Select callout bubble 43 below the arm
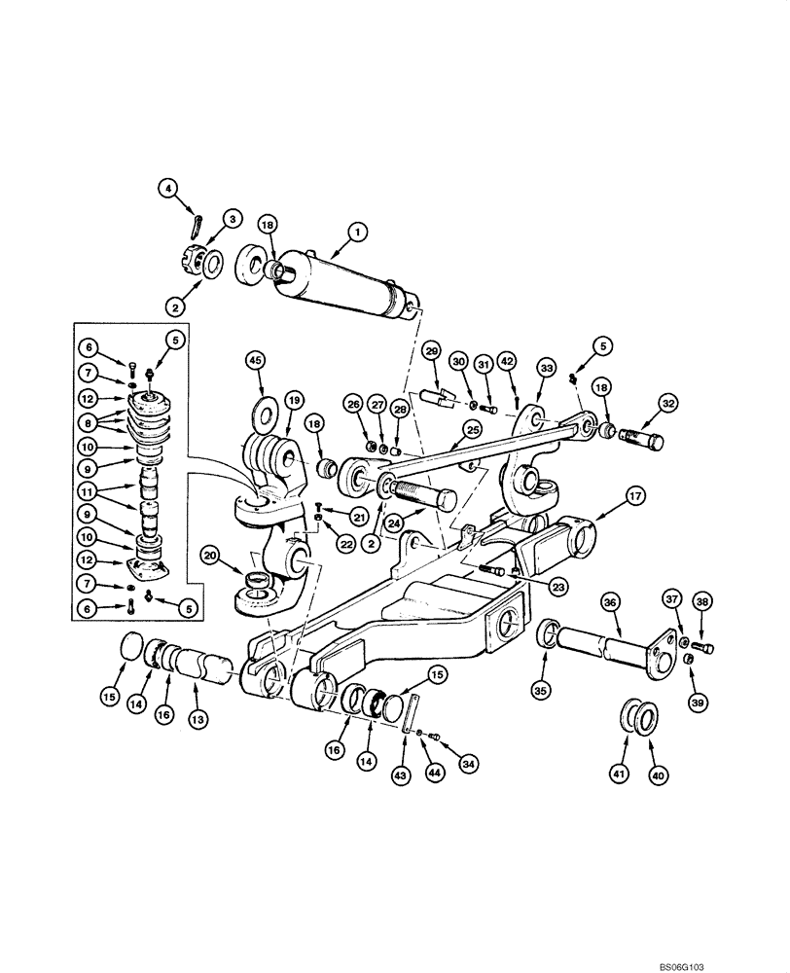[401, 775]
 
